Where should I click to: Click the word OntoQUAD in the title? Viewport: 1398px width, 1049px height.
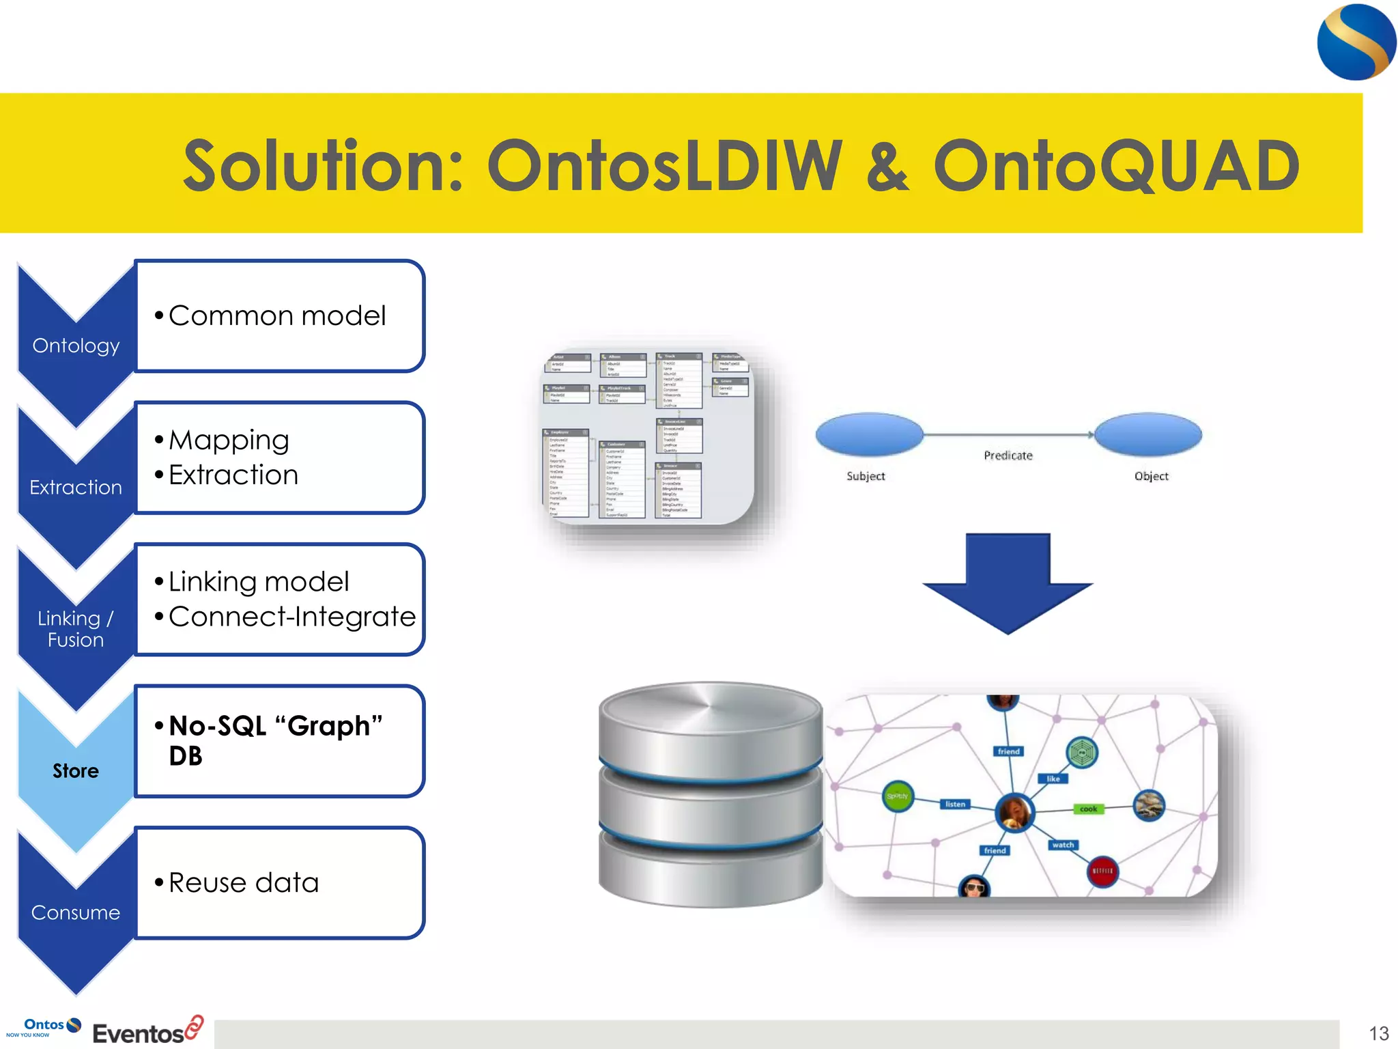click(1116, 166)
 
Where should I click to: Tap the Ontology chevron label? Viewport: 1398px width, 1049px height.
click(76, 346)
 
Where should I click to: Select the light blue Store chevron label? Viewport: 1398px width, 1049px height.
click(76, 771)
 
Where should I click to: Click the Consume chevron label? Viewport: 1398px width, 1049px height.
click(76, 912)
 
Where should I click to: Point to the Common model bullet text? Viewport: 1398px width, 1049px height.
click(277, 316)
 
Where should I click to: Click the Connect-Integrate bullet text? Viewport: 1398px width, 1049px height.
click(292, 617)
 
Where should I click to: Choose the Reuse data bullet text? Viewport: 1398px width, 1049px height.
click(244, 883)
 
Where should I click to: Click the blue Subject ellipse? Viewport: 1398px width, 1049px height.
click(869, 434)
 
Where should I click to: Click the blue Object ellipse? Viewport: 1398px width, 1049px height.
click(1148, 434)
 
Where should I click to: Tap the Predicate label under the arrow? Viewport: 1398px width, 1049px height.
click(1008, 456)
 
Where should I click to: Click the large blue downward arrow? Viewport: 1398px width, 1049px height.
click(1008, 581)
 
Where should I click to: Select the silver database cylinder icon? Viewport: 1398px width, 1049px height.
click(710, 794)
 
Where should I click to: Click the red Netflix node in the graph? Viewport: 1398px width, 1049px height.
click(1102, 871)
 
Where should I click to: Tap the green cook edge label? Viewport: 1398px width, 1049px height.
click(1088, 809)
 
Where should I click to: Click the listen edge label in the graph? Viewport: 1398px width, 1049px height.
click(955, 805)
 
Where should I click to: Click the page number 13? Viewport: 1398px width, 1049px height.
click(1378, 1033)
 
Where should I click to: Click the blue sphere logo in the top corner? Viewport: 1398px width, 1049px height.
click(1356, 42)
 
